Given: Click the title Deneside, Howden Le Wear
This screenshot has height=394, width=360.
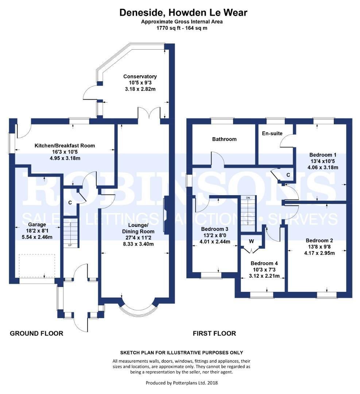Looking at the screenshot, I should [x=183, y=13].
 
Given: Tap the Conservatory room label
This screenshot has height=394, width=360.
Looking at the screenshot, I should [x=140, y=77].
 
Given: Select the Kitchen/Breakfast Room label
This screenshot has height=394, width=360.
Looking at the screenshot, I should [x=65, y=146].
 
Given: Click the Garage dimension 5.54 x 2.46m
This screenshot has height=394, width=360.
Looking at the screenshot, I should [x=38, y=237].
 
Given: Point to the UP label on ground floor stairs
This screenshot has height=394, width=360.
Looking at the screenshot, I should [x=70, y=245].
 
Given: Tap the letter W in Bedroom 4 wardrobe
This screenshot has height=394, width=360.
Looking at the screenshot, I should [x=251, y=241].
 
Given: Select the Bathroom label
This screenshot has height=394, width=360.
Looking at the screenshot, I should [x=224, y=139].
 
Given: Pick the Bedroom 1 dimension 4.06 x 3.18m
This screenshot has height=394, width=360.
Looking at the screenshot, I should [x=323, y=168].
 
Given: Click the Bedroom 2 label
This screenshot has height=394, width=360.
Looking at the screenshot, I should [x=320, y=240].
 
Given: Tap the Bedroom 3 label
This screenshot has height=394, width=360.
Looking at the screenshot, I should [x=215, y=229].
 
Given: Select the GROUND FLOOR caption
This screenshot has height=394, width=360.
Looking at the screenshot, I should [x=36, y=333].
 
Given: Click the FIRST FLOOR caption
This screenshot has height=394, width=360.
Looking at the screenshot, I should [x=214, y=333].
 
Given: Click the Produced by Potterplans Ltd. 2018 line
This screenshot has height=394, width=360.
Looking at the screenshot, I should [x=182, y=383].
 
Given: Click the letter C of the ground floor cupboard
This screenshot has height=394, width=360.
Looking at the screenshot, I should [x=70, y=202].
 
